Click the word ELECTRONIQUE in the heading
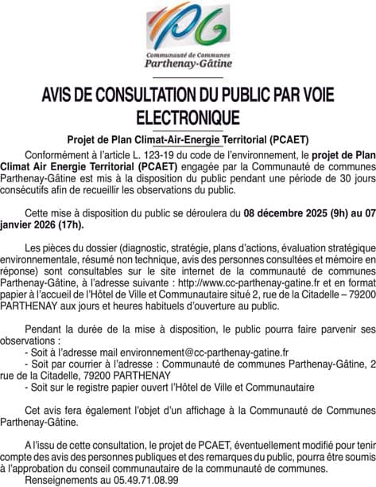click(x=188, y=118)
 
